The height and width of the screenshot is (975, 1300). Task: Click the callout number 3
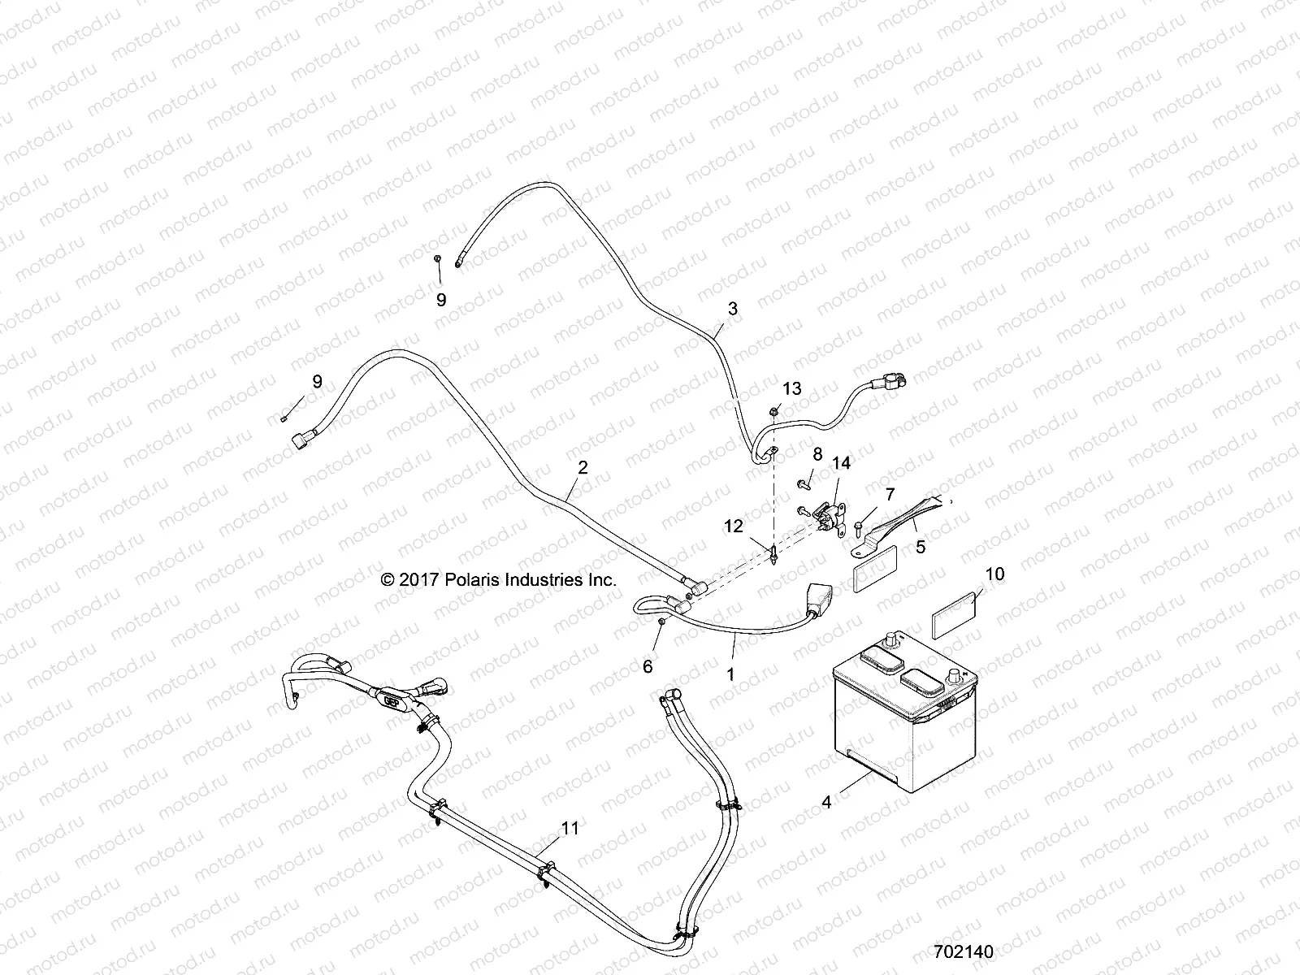733,309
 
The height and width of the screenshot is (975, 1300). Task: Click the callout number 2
582,467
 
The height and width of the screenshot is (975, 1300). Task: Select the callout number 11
570,828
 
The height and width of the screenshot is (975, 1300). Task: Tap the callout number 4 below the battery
826,802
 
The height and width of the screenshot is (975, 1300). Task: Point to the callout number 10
994,574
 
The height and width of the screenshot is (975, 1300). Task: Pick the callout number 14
841,463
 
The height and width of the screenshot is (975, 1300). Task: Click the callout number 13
791,388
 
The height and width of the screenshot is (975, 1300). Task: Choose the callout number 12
733,526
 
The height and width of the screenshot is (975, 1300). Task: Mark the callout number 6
648,667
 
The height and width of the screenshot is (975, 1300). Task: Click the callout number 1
730,674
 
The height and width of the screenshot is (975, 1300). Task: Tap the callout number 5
921,547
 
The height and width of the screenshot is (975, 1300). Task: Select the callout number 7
890,494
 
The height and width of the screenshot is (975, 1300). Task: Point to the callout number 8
817,453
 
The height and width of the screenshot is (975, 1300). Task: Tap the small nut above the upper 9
437,258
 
